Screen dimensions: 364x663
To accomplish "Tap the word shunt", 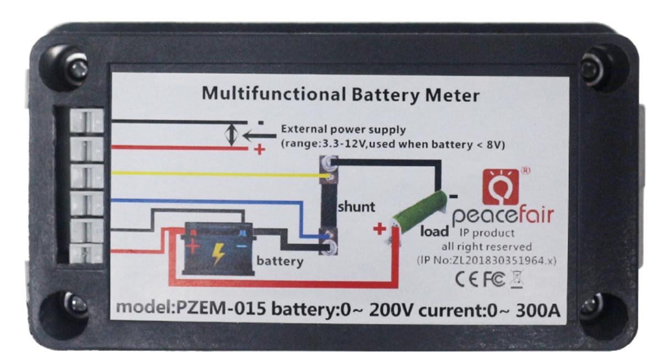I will click(x=356, y=207).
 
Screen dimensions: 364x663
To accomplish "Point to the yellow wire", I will click(x=215, y=174).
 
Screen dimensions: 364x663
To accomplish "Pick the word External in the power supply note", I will click(x=302, y=130).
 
